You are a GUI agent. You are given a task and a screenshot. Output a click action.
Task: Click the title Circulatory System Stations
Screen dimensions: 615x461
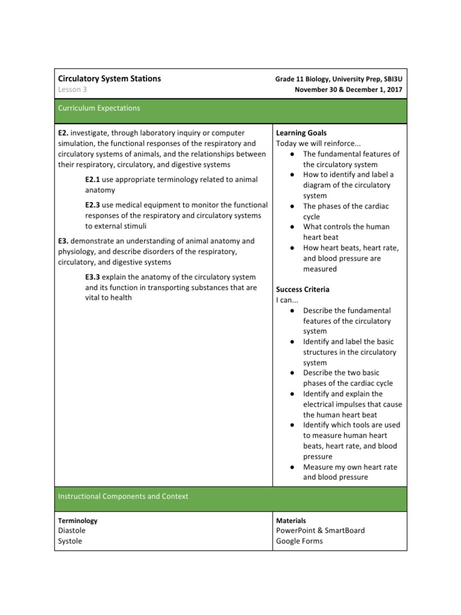tap(109, 79)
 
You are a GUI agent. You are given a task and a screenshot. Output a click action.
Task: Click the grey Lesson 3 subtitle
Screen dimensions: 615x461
tap(73, 89)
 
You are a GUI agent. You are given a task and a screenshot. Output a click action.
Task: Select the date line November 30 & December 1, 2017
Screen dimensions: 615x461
tap(348, 89)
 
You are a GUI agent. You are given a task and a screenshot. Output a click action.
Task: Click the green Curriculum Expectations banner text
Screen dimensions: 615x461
tap(99, 108)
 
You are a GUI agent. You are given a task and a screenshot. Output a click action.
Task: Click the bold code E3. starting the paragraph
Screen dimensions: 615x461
tap(64, 241)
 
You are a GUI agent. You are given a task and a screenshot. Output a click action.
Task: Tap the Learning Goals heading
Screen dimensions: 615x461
tap(301, 133)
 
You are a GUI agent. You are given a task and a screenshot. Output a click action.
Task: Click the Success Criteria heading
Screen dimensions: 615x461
tap(303, 289)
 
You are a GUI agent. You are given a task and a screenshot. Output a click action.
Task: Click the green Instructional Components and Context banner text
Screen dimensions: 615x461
tap(123, 496)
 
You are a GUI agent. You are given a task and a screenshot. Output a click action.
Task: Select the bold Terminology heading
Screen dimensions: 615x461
tap(78, 521)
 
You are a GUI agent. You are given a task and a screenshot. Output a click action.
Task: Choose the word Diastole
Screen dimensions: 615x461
tap(72, 530)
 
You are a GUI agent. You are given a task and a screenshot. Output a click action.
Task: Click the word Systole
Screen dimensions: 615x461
tap(70, 541)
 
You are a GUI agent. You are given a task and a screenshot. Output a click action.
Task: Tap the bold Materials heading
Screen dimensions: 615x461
tap(291, 521)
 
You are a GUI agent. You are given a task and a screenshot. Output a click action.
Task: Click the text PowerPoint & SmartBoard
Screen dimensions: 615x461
tap(320, 530)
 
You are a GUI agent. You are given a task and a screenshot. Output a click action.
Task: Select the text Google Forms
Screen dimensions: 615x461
tap(299, 541)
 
